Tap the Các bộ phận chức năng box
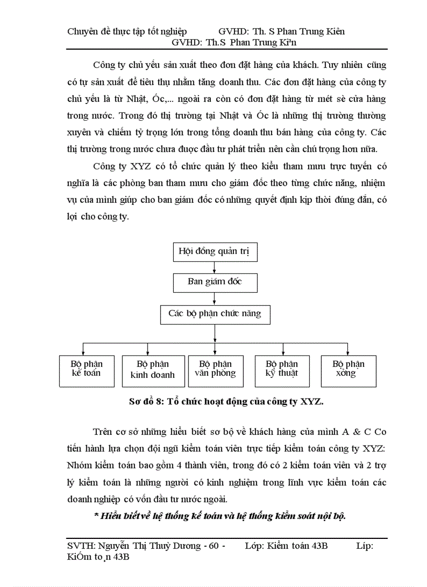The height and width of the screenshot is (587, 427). [x=215, y=314]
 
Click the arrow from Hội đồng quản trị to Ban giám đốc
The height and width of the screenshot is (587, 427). [x=215, y=267]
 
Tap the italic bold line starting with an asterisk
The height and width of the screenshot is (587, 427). [x=220, y=516]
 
